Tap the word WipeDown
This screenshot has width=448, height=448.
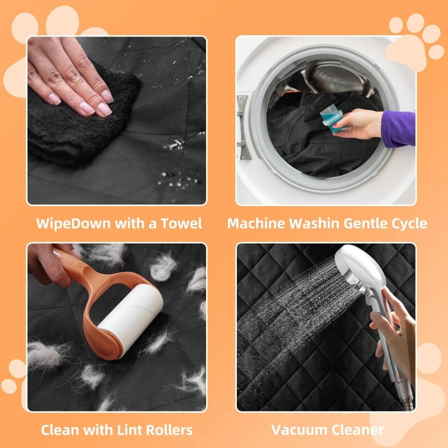tap(73, 223)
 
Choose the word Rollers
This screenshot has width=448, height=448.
tap(169, 430)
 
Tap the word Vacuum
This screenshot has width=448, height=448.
tap(299, 430)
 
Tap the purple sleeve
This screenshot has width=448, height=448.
tap(399, 129)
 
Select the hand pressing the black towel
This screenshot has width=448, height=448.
tap(72, 77)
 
